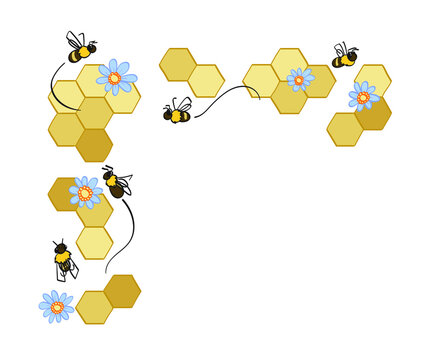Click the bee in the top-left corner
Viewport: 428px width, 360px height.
80,48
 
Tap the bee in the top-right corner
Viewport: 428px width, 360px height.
345,57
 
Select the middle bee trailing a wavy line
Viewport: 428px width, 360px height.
178,112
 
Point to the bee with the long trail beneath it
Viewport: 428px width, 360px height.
117,183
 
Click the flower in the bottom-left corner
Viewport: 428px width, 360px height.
56,307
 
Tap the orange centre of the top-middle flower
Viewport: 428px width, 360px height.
298,78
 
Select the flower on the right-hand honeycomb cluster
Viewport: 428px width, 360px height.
362,97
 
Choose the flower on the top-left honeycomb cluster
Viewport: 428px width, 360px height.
115,77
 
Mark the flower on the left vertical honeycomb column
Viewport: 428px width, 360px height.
85,192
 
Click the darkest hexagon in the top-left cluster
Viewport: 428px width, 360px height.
94,145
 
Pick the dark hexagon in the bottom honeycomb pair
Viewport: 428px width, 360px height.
122,291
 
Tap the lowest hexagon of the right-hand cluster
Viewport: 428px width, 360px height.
345,129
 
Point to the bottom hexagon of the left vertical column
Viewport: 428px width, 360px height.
94,242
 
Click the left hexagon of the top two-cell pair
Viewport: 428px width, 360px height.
178,64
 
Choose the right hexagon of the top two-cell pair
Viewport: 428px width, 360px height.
206,81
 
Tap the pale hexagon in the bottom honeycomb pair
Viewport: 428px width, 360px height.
94,307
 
